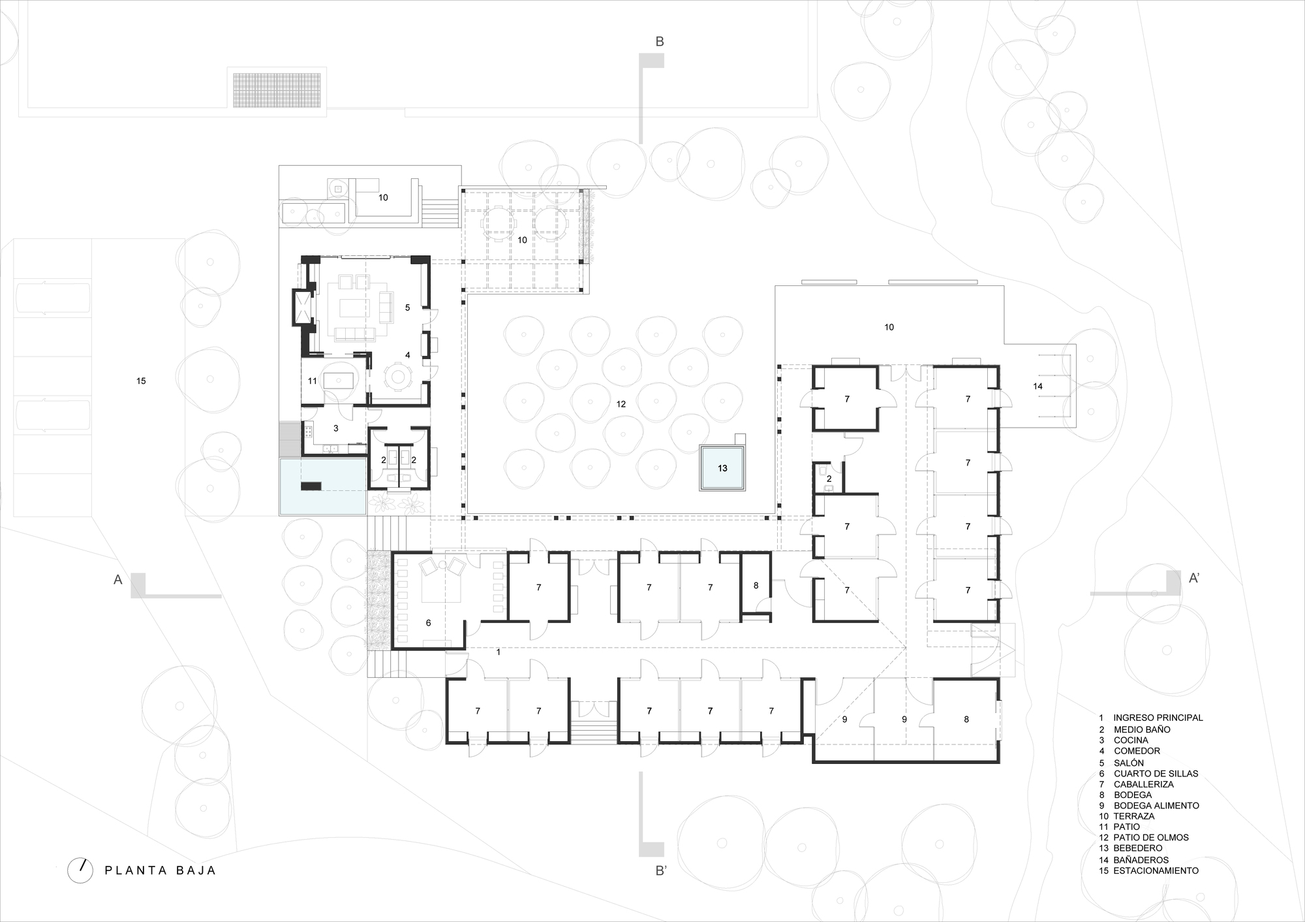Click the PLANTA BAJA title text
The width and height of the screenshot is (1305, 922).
click(x=160, y=870)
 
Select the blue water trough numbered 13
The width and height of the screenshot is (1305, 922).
click(x=722, y=468)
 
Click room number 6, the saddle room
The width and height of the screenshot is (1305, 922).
click(x=428, y=623)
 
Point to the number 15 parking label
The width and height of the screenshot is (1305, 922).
click(x=141, y=381)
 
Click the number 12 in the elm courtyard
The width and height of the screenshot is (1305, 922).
click(x=621, y=404)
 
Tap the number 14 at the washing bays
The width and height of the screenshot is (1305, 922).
click(x=1037, y=387)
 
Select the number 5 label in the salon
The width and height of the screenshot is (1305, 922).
click(x=407, y=308)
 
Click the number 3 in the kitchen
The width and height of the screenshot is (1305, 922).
click(x=335, y=428)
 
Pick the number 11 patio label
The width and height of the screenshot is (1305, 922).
click(x=312, y=381)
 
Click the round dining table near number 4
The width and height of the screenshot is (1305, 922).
click(x=397, y=376)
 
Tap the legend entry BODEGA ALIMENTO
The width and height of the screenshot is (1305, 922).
click(x=1156, y=806)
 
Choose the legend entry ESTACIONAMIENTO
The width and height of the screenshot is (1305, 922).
click(x=1156, y=870)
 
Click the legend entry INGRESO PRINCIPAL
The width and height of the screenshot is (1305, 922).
click(x=1158, y=718)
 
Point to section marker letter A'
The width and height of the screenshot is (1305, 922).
click(x=1193, y=578)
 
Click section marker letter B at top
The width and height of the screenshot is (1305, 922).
click(x=659, y=42)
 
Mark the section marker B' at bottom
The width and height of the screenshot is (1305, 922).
click(x=661, y=871)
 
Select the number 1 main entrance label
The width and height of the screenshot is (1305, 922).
click(x=499, y=652)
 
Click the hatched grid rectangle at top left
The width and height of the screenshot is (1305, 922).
click(x=277, y=89)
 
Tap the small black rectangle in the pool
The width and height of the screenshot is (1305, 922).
click(x=311, y=485)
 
